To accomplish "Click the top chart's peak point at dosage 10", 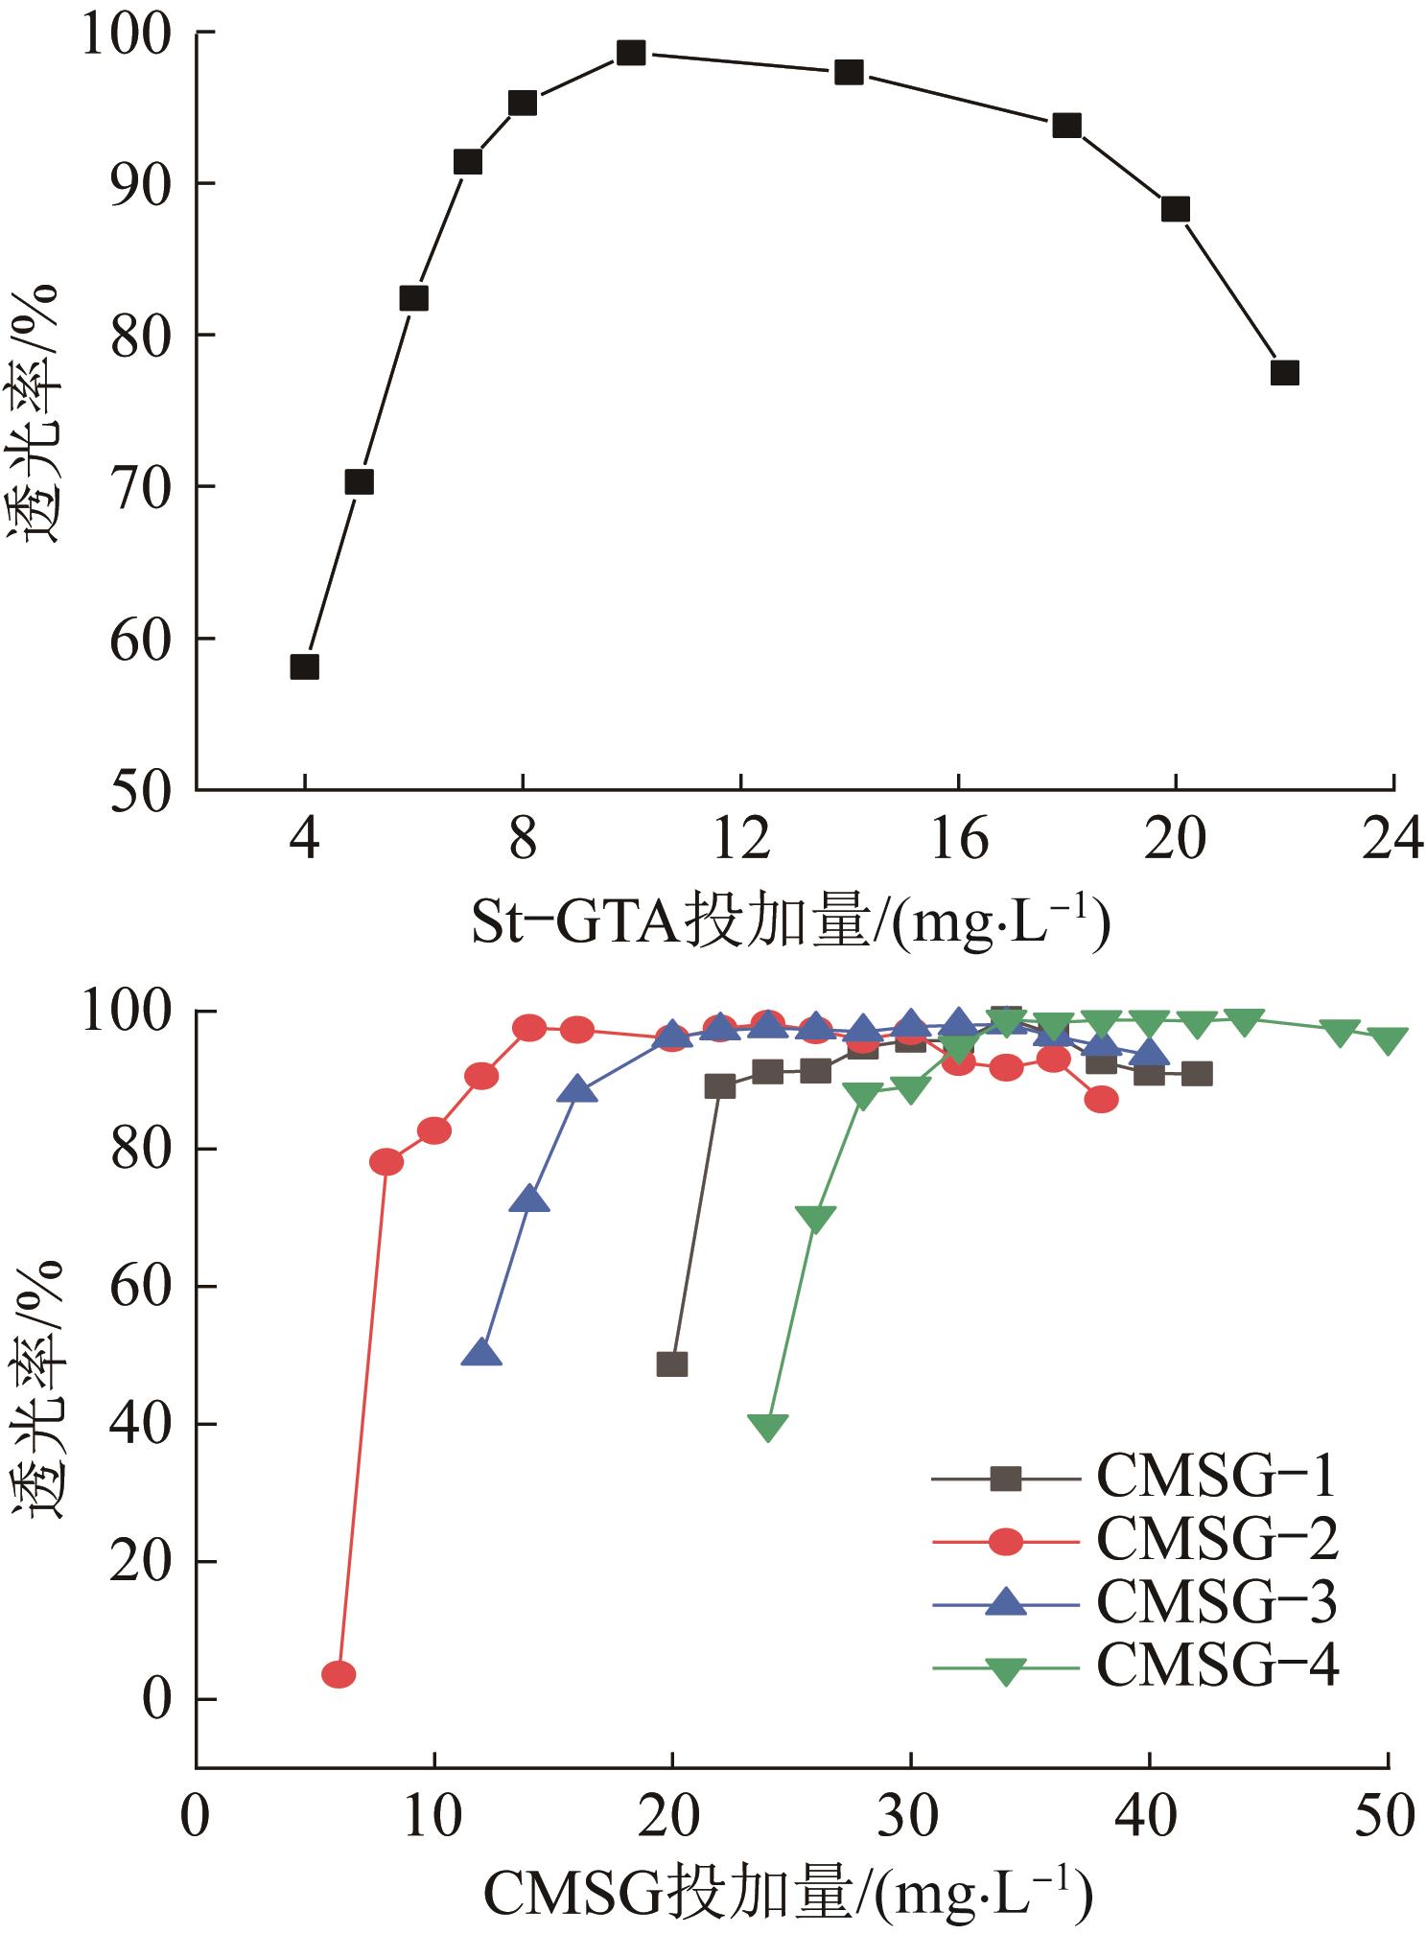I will coord(630,53).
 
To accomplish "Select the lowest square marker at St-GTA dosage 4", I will coord(304,667).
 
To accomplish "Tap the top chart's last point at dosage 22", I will coord(1284,373).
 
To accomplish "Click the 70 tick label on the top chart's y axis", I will coord(141,487).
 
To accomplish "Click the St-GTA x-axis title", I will coord(790,922).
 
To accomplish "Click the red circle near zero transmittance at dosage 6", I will coord(339,1674).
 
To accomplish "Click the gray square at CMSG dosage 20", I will coord(672,1364).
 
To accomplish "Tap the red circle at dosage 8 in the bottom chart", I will coord(386,1162).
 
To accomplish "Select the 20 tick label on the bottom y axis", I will coord(141,1562).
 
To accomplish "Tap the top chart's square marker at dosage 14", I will coord(849,73).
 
